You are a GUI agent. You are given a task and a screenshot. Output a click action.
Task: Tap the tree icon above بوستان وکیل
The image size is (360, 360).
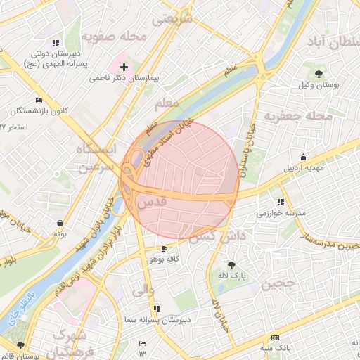[319, 73]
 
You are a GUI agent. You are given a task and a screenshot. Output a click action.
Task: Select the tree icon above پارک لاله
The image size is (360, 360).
[232, 265]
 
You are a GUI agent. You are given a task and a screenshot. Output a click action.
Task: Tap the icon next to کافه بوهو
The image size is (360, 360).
[164, 248]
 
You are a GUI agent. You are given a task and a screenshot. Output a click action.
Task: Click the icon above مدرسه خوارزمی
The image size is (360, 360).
[281, 202]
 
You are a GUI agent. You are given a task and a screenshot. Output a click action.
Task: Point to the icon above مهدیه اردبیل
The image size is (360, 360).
[303, 157]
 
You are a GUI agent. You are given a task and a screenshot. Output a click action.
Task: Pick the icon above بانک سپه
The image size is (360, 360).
[275, 337]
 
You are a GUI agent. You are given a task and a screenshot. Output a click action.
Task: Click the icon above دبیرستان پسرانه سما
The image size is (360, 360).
[156, 308]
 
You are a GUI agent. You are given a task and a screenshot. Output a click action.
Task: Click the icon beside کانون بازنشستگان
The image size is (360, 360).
[39, 100]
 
